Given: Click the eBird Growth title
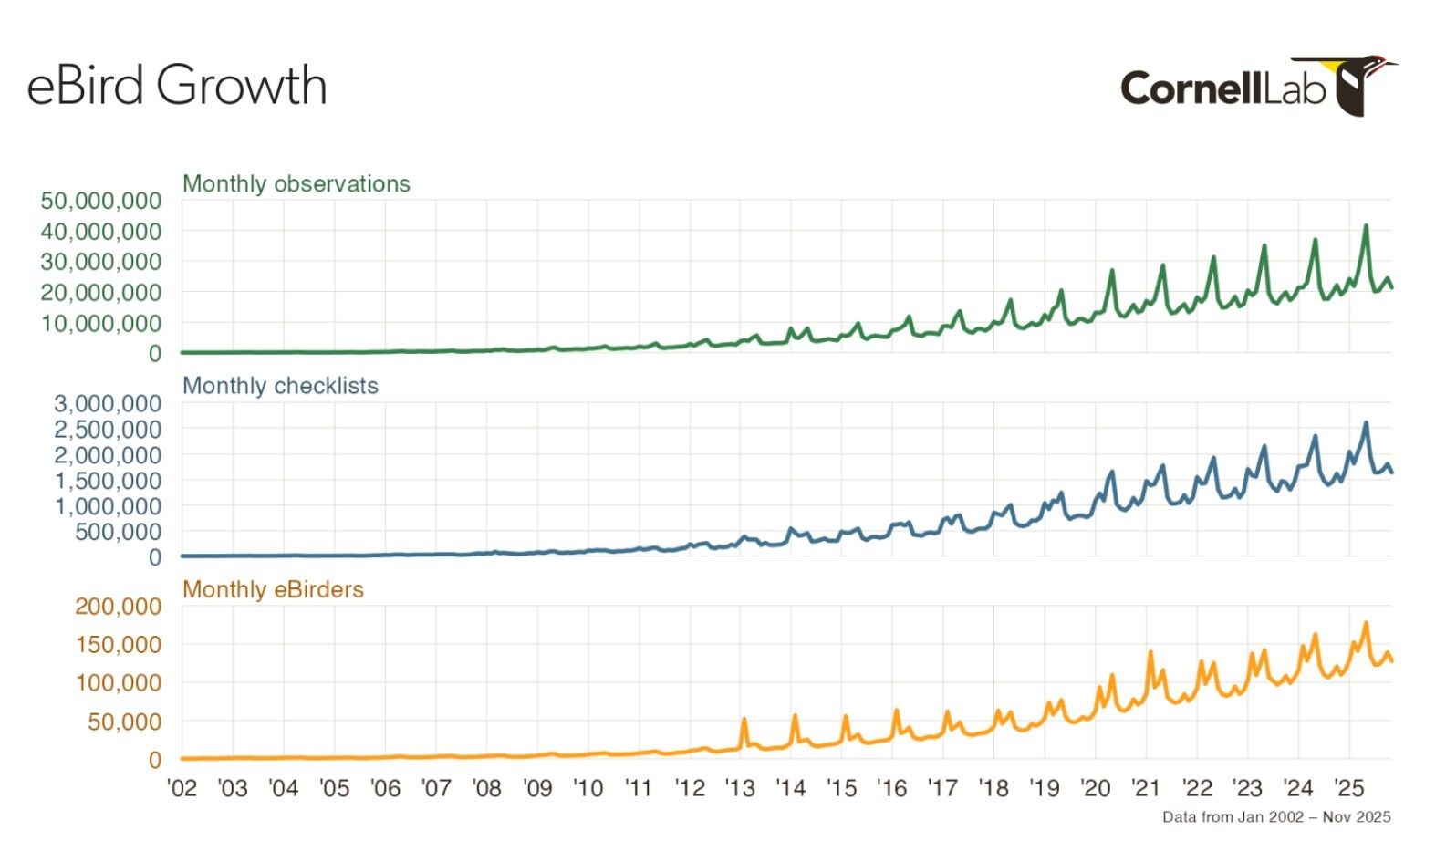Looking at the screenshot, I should (177, 86).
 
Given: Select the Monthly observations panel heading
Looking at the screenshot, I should (296, 183).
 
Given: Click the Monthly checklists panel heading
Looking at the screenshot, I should (280, 386).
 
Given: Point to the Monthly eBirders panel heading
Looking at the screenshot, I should (273, 589).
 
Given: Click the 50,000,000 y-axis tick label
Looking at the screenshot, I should (101, 201).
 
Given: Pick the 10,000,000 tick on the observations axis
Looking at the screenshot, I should (101, 323).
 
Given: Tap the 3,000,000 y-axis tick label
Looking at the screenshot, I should (108, 403).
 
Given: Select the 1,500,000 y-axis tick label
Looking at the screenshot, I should (108, 480).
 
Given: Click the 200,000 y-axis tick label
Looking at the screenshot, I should (118, 606).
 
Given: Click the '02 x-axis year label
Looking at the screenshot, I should (182, 788).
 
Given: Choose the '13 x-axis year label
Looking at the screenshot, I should (740, 788).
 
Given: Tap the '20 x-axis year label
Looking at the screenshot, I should (1095, 788).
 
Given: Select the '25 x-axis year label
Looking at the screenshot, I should (1348, 788).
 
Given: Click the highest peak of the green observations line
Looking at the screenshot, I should (1366, 226).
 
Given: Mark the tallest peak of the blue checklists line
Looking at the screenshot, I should (1366, 423).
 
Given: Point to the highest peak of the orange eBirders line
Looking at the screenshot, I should (1366, 624).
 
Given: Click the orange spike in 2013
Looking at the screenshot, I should (744, 720).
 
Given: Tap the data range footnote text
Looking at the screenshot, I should (1276, 816).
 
